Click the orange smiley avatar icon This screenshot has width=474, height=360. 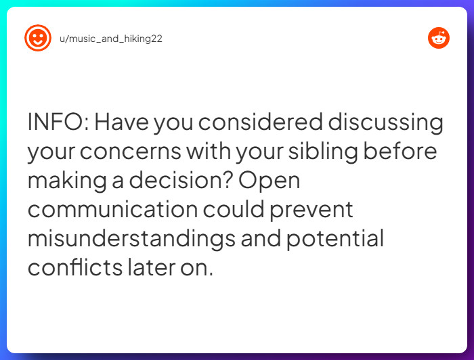point(38,38)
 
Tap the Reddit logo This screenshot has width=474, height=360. point(439,38)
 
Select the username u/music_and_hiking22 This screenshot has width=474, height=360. point(111,39)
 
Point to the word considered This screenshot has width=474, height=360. point(260,122)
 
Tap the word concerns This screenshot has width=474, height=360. point(130,152)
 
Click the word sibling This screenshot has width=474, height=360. point(323,152)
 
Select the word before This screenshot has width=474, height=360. point(400,150)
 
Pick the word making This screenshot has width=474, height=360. point(67,181)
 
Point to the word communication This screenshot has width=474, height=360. point(113,209)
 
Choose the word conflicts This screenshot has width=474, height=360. point(75,267)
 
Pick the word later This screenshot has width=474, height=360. point(152,267)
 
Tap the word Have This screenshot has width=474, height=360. point(121,122)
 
